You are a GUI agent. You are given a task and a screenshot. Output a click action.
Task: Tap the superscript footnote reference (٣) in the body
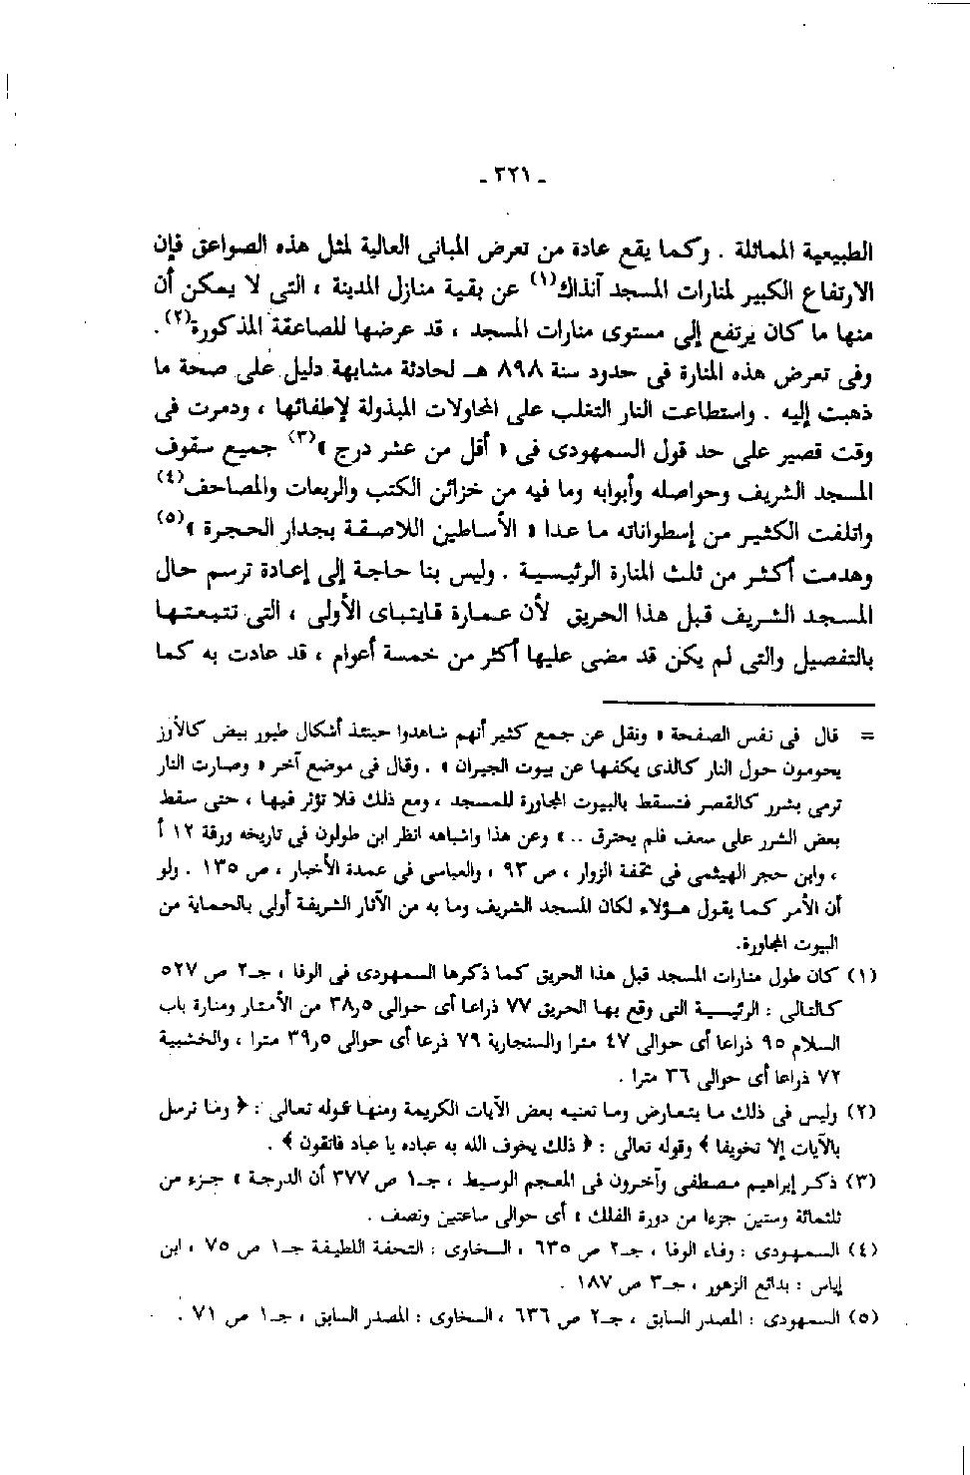point(303,440)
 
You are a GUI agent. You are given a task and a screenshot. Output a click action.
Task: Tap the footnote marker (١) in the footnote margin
point(860,973)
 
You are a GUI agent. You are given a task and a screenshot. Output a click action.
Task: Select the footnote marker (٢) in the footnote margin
point(860,1112)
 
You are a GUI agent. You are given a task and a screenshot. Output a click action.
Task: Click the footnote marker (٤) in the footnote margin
point(860,1251)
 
